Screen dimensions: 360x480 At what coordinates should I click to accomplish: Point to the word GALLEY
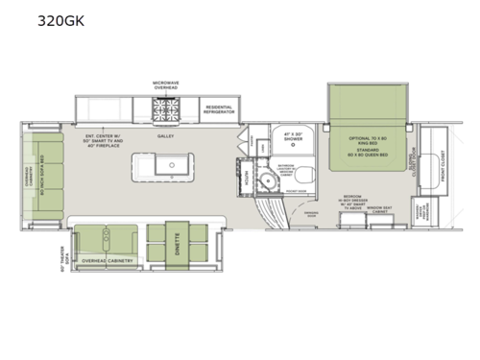coord(165,137)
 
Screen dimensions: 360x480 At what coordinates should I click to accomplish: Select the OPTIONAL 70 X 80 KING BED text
coord(370,137)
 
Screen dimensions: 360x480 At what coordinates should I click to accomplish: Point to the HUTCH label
coord(247,177)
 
